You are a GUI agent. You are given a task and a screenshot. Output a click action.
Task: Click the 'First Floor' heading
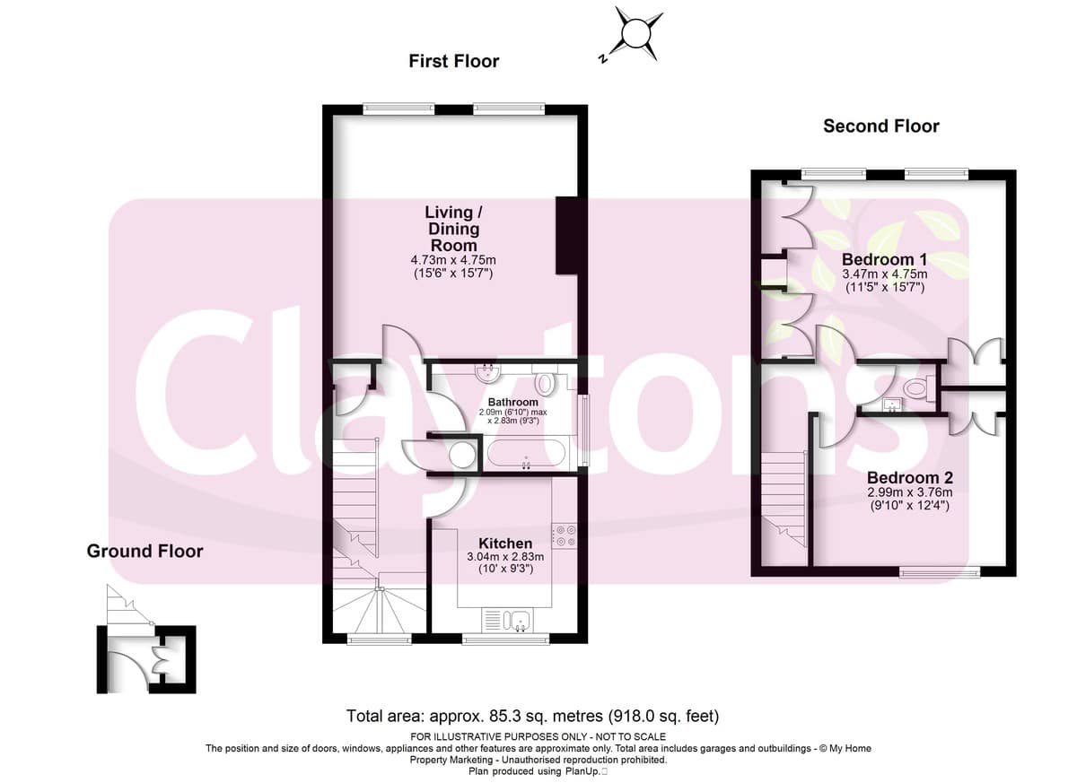tap(454, 62)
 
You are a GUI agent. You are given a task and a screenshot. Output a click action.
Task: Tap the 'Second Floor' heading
tap(880, 126)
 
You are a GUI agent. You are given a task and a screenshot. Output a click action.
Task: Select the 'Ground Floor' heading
tap(144, 552)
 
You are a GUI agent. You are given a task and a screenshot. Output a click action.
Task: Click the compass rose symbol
tap(635, 35)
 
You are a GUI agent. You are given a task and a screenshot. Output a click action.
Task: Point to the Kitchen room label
tap(505, 544)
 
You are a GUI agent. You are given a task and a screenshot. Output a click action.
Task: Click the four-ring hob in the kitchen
tap(565, 535)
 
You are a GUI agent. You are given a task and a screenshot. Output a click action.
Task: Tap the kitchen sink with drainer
tap(506, 621)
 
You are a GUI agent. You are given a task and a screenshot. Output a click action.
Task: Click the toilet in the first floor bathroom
tap(546, 380)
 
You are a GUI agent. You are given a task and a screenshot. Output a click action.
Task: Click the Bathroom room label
tap(513, 402)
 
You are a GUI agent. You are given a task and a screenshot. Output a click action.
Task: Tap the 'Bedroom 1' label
tap(885, 259)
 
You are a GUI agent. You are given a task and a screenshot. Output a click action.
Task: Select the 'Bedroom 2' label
tap(910, 477)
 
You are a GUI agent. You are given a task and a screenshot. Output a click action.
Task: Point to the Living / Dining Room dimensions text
tap(453, 267)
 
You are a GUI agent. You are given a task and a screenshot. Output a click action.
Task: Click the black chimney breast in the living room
tap(566, 235)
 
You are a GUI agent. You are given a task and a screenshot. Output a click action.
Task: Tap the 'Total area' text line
tap(533, 717)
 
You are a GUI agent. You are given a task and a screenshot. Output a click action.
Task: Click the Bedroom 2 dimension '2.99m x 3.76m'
tap(910, 492)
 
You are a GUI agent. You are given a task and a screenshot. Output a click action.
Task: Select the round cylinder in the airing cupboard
tap(462, 456)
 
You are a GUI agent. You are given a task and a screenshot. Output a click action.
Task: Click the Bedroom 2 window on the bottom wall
tap(940, 572)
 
